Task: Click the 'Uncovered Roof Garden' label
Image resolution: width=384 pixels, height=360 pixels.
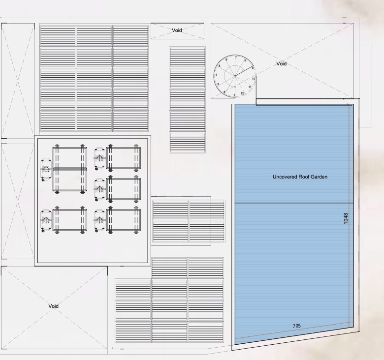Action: point(300,177)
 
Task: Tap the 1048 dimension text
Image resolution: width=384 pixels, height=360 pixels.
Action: point(346,218)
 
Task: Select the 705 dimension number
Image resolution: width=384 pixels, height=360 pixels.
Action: point(296,326)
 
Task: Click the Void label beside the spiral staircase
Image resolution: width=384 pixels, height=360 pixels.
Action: point(282,63)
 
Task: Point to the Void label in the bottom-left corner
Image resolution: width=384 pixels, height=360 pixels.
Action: point(53,306)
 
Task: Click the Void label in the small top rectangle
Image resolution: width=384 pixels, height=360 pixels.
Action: point(177,30)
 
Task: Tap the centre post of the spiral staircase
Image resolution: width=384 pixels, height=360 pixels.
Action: point(235,76)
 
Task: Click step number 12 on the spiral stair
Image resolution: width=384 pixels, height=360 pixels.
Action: point(242,93)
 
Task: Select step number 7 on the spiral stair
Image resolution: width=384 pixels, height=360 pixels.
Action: point(236,58)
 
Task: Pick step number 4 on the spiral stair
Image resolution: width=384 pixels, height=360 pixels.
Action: point(216,75)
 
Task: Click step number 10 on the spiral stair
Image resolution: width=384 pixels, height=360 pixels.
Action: point(254,79)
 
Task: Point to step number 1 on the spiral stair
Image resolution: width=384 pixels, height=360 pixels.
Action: point(234,95)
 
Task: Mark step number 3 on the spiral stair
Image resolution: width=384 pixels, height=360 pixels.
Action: point(218,84)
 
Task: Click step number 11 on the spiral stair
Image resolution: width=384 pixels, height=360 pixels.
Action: point(250,87)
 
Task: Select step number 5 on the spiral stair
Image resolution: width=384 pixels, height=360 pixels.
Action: point(220,66)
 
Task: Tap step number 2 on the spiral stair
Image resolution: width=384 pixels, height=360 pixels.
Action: point(224,92)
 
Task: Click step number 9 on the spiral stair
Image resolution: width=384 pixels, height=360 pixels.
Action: point(253,68)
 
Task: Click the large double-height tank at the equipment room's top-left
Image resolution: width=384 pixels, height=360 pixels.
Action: point(70,169)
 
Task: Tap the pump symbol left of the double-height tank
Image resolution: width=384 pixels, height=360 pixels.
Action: point(46,169)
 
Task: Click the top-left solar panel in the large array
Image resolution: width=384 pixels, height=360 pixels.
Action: point(58,36)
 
